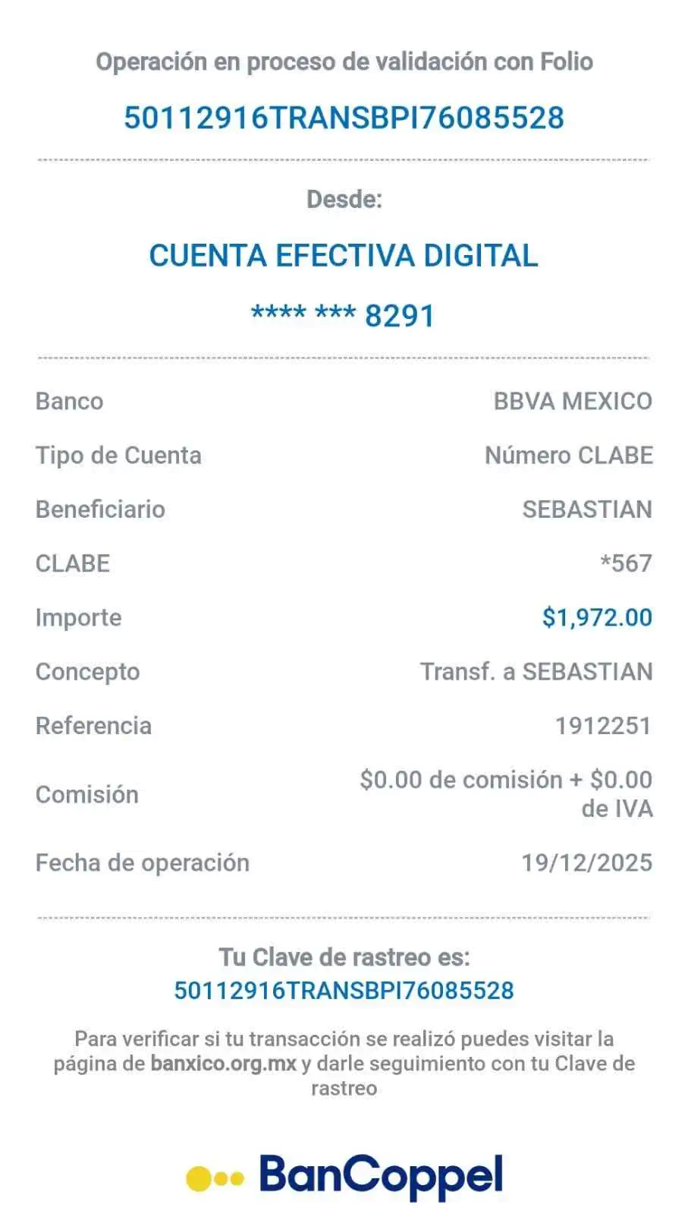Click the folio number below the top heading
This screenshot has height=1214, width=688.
(344, 118)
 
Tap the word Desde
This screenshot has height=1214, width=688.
(344, 200)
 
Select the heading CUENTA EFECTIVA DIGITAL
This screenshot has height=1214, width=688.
(344, 255)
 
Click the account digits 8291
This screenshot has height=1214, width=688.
(400, 315)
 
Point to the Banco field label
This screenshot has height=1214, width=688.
(70, 401)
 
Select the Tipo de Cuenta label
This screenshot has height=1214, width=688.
(119, 456)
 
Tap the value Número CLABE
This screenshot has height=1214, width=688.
(569, 456)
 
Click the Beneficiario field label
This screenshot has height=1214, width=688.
(101, 509)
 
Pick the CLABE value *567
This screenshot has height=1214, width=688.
(626, 563)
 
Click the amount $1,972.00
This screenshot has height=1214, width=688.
(597, 617)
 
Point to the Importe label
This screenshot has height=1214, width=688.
(78, 617)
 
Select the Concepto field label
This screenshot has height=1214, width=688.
(88, 672)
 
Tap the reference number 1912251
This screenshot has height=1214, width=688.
(603, 726)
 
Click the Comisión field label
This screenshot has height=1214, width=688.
(88, 794)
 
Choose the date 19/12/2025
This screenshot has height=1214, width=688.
(586, 862)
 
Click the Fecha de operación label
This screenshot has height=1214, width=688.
(143, 863)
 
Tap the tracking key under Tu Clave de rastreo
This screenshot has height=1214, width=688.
(344, 990)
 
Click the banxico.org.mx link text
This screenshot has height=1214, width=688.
(223, 1063)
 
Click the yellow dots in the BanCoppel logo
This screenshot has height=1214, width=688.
(215, 1178)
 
